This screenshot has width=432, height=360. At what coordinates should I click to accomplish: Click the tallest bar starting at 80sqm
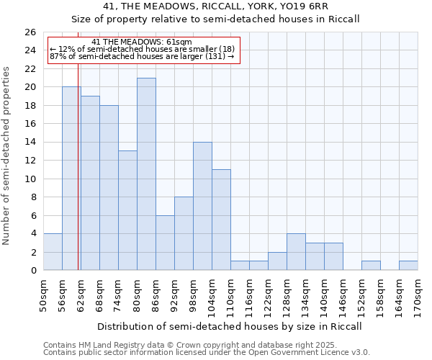click(x=146, y=174)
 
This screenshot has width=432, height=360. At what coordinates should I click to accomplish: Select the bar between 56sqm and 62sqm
click(x=71, y=179)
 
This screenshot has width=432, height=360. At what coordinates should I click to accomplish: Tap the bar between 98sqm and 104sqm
click(x=202, y=206)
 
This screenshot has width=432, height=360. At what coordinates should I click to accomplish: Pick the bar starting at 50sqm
click(x=53, y=252)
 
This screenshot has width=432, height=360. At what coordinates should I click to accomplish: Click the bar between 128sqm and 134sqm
click(x=296, y=252)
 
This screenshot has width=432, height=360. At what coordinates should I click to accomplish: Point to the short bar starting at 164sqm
click(x=408, y=266)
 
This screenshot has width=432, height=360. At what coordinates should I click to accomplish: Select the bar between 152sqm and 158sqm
click(x=371, y=266)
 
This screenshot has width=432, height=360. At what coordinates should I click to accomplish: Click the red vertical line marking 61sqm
click(x=78, y=166)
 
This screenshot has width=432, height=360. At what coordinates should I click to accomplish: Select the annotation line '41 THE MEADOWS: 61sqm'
click(x=142, y=42)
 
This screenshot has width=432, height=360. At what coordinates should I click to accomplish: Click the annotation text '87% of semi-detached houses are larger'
click(x=142, y=56)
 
